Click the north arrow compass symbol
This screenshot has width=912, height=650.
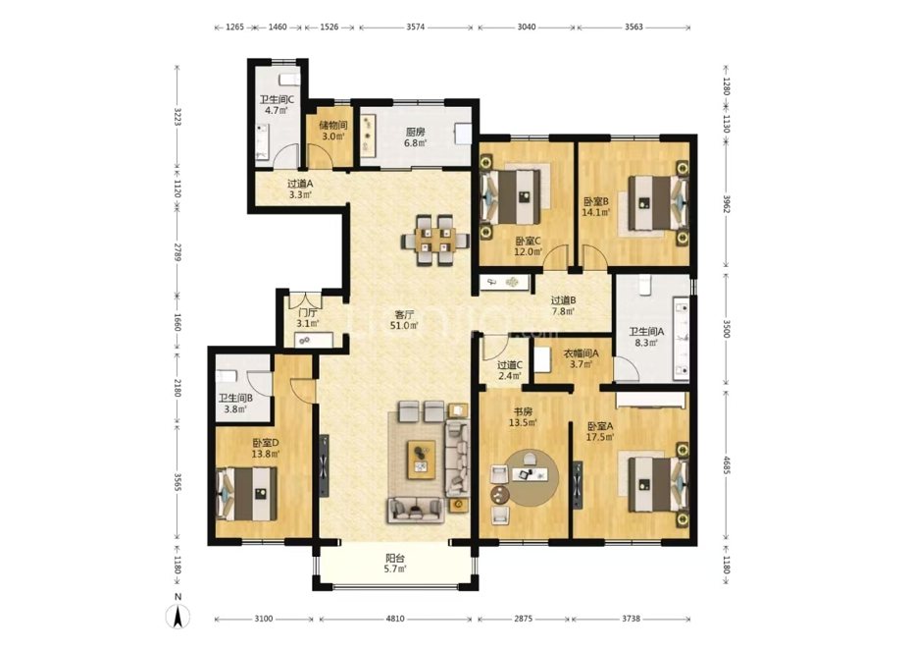point(178,617)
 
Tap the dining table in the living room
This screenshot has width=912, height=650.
point(435,240)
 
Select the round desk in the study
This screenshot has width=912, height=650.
point(532,477)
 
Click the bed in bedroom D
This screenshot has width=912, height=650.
point(246,494)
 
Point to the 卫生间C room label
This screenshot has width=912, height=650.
point(277,99)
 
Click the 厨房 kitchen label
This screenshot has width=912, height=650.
point(415,132)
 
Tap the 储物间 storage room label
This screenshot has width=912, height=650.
point(333,126)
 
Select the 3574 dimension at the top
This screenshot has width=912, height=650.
point(415,27)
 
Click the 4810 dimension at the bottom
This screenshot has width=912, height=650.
point(395,619)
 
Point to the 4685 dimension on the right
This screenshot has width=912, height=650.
point(726,464)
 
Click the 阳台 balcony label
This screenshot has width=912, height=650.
point(395,558)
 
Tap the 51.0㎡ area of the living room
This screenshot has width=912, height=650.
point(404,326)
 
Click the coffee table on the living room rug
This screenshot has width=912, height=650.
point(422,460)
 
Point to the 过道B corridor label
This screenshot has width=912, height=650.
point(563,300)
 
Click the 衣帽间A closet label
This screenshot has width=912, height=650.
point(581,353)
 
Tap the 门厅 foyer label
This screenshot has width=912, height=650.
point(308,313)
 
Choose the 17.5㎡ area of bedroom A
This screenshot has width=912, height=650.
point(600,437)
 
